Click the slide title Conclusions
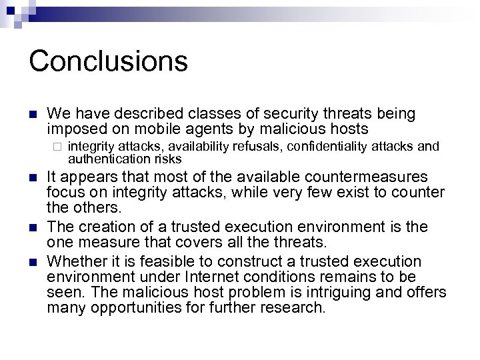tap(108, 61)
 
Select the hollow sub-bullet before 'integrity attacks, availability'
tap(58, 146)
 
